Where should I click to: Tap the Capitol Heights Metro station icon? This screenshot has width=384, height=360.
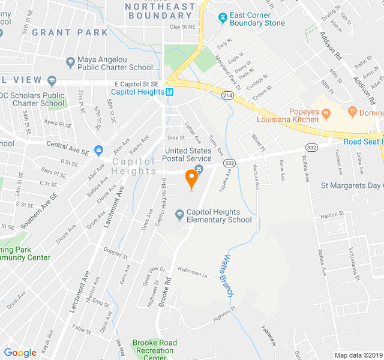pyautogui.click(x=170, y=92)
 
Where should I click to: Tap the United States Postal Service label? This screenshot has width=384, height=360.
pyautogui.click(x=188, y=155)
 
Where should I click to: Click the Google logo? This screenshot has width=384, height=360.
pyautogui.click(x=20, y=353)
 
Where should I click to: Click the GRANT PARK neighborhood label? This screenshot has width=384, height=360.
pyautogui.click(x=70, y=32)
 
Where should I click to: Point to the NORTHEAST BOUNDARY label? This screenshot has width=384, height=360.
pyautogui.click(x=160, y=11)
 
